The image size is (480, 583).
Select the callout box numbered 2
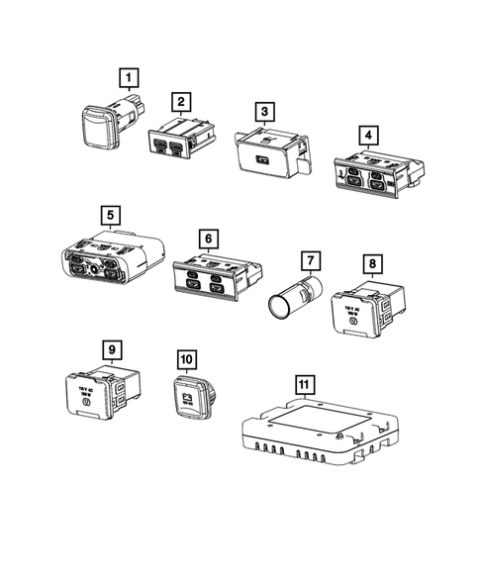pos(180,101)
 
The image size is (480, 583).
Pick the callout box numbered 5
pos(110,215)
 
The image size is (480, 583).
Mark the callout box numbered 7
pos(310,262)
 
